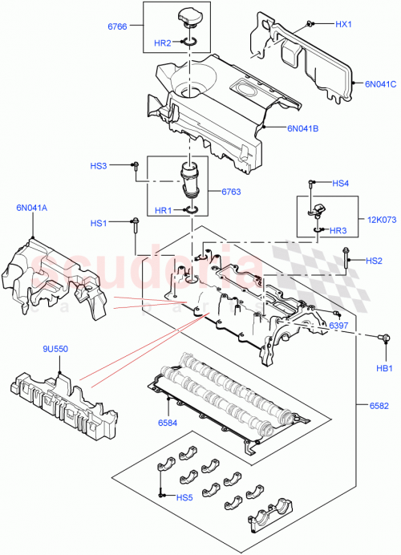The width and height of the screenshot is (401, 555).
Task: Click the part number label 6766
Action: pyautogui.click(x=119, y=27)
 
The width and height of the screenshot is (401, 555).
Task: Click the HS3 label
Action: pyautogui.click(x=99, y=166)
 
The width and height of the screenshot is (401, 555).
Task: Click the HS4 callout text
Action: pyautogui.click(x=341, y=184)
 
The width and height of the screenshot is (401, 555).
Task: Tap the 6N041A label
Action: pyautogui.click(x=30, y=208)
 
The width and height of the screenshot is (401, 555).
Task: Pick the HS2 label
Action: pyautogui.click(x=374, y=261)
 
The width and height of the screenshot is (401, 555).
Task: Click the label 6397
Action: pyautogui.click(x=338, y=326)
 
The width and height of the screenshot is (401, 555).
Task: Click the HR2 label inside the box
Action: pyautogui.click(x=162, y=43)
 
